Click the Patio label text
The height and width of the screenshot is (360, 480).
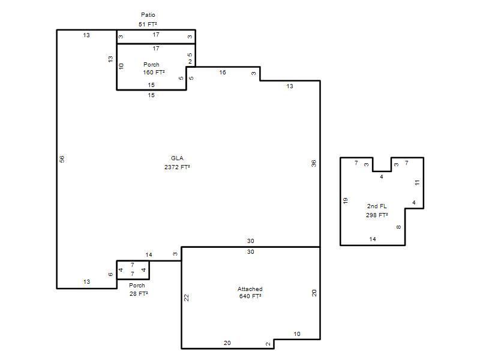[148, 14]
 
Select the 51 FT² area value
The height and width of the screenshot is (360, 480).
[148, 24]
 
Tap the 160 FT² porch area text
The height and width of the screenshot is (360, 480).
[154, 72]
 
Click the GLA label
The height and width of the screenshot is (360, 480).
[177, 158]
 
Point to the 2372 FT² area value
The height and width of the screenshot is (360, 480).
[177, 167]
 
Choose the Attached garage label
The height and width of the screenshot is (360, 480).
[250, 289]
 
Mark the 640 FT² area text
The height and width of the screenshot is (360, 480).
[250, 296]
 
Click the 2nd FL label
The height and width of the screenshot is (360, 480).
[377, 206]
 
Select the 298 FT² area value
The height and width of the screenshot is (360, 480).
[377, 215]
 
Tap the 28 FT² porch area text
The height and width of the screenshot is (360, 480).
[139, 293]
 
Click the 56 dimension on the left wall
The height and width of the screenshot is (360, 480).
[62, 159]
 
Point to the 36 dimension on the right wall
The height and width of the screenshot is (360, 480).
[313, 163]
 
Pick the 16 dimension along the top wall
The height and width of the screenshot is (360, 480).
[223, 72]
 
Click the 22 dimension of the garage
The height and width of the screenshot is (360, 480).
[186, 298]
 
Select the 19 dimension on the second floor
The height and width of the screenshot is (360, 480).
[346, 201]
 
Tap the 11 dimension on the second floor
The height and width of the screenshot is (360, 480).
[417, 182]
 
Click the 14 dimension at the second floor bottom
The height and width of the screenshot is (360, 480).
[373, 239]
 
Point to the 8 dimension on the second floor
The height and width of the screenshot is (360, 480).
[398, 227]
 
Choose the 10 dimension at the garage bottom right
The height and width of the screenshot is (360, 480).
[297, 334]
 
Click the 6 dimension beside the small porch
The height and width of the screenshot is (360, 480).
[110, 274]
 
